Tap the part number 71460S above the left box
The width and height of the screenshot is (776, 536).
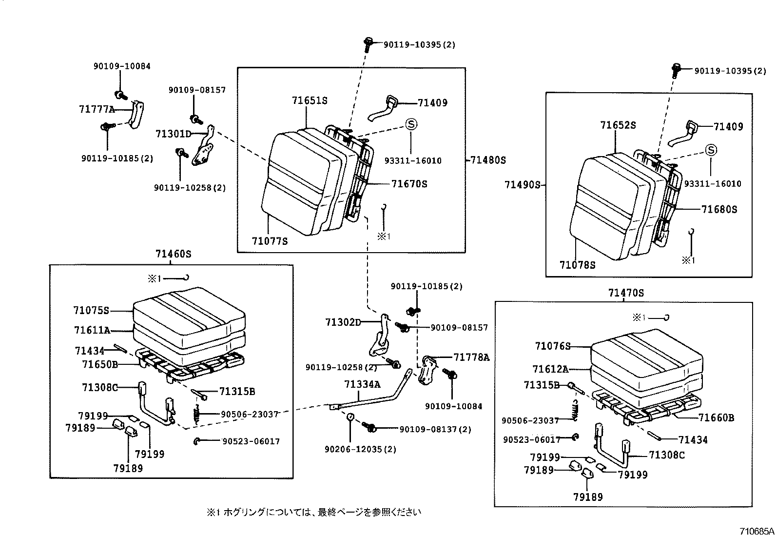point(173,254)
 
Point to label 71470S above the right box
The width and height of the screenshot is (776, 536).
point(625,293)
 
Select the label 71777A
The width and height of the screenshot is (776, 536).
point(97,109)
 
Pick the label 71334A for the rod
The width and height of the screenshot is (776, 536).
point(362,384)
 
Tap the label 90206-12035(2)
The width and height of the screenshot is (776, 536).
point(353,449)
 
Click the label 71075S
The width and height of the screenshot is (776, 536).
point(91,311)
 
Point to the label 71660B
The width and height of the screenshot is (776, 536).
point(716,418)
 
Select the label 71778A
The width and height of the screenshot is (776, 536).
point(471,357)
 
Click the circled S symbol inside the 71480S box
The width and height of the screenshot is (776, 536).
point(411,124)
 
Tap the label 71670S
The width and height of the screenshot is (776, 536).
point(409,184)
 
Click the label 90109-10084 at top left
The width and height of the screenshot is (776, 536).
point(122,66)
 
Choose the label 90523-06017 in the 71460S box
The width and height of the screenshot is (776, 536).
point(251,441)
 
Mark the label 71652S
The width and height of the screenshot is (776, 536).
point(618,125)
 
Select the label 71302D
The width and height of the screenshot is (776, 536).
point(343,322)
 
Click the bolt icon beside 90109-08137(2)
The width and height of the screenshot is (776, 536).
point(370,427)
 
